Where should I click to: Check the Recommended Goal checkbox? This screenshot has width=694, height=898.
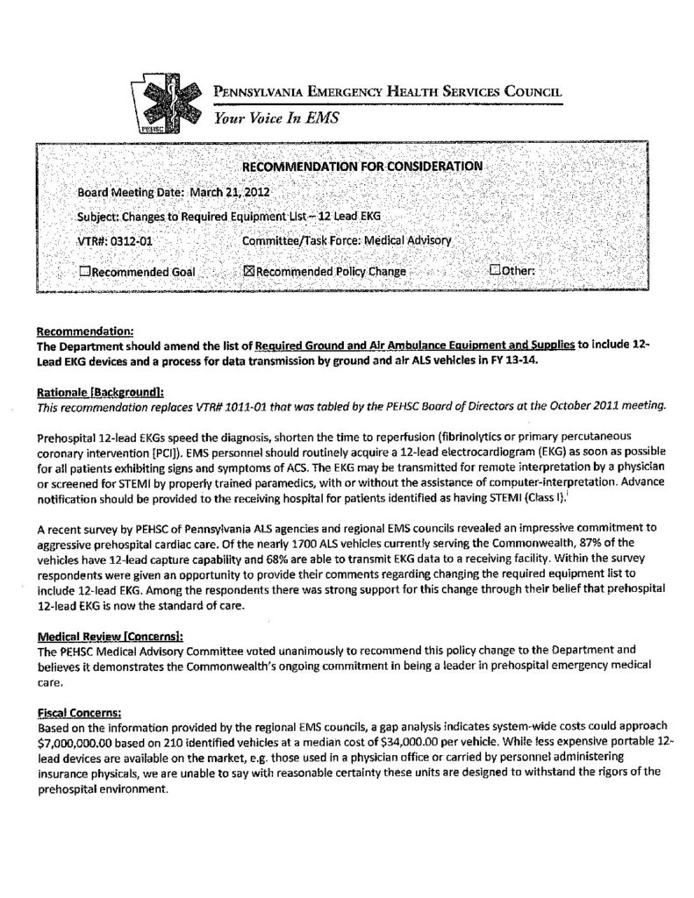84,271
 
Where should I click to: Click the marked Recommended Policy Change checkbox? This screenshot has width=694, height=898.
247,271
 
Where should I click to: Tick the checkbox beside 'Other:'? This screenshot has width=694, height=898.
495,270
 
